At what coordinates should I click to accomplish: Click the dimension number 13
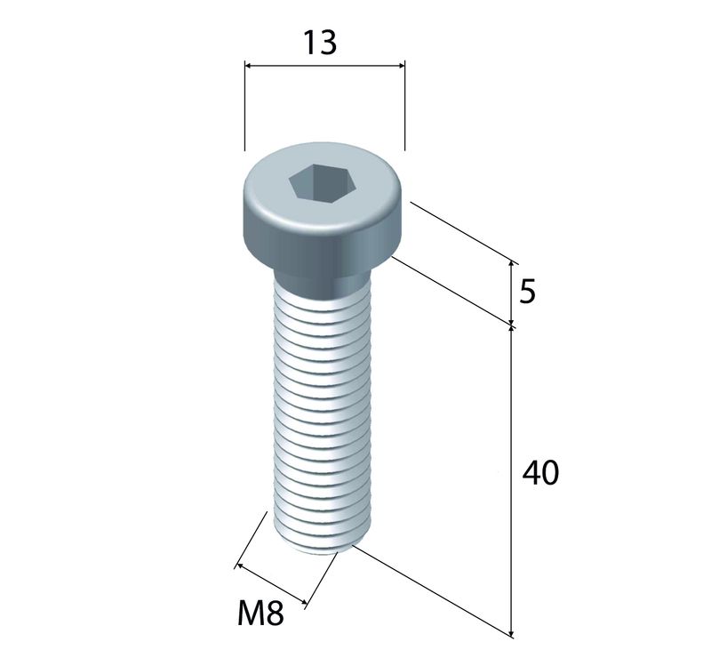[320, 43]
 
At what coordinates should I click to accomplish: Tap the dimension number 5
[527, 292]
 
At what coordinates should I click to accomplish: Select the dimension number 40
[540, 473]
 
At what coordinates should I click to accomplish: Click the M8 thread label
[260, 613]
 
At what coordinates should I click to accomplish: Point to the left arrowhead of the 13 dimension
[248, 66]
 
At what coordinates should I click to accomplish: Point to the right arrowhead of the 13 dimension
[402, 66]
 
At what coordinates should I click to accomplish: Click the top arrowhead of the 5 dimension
[512, 264]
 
